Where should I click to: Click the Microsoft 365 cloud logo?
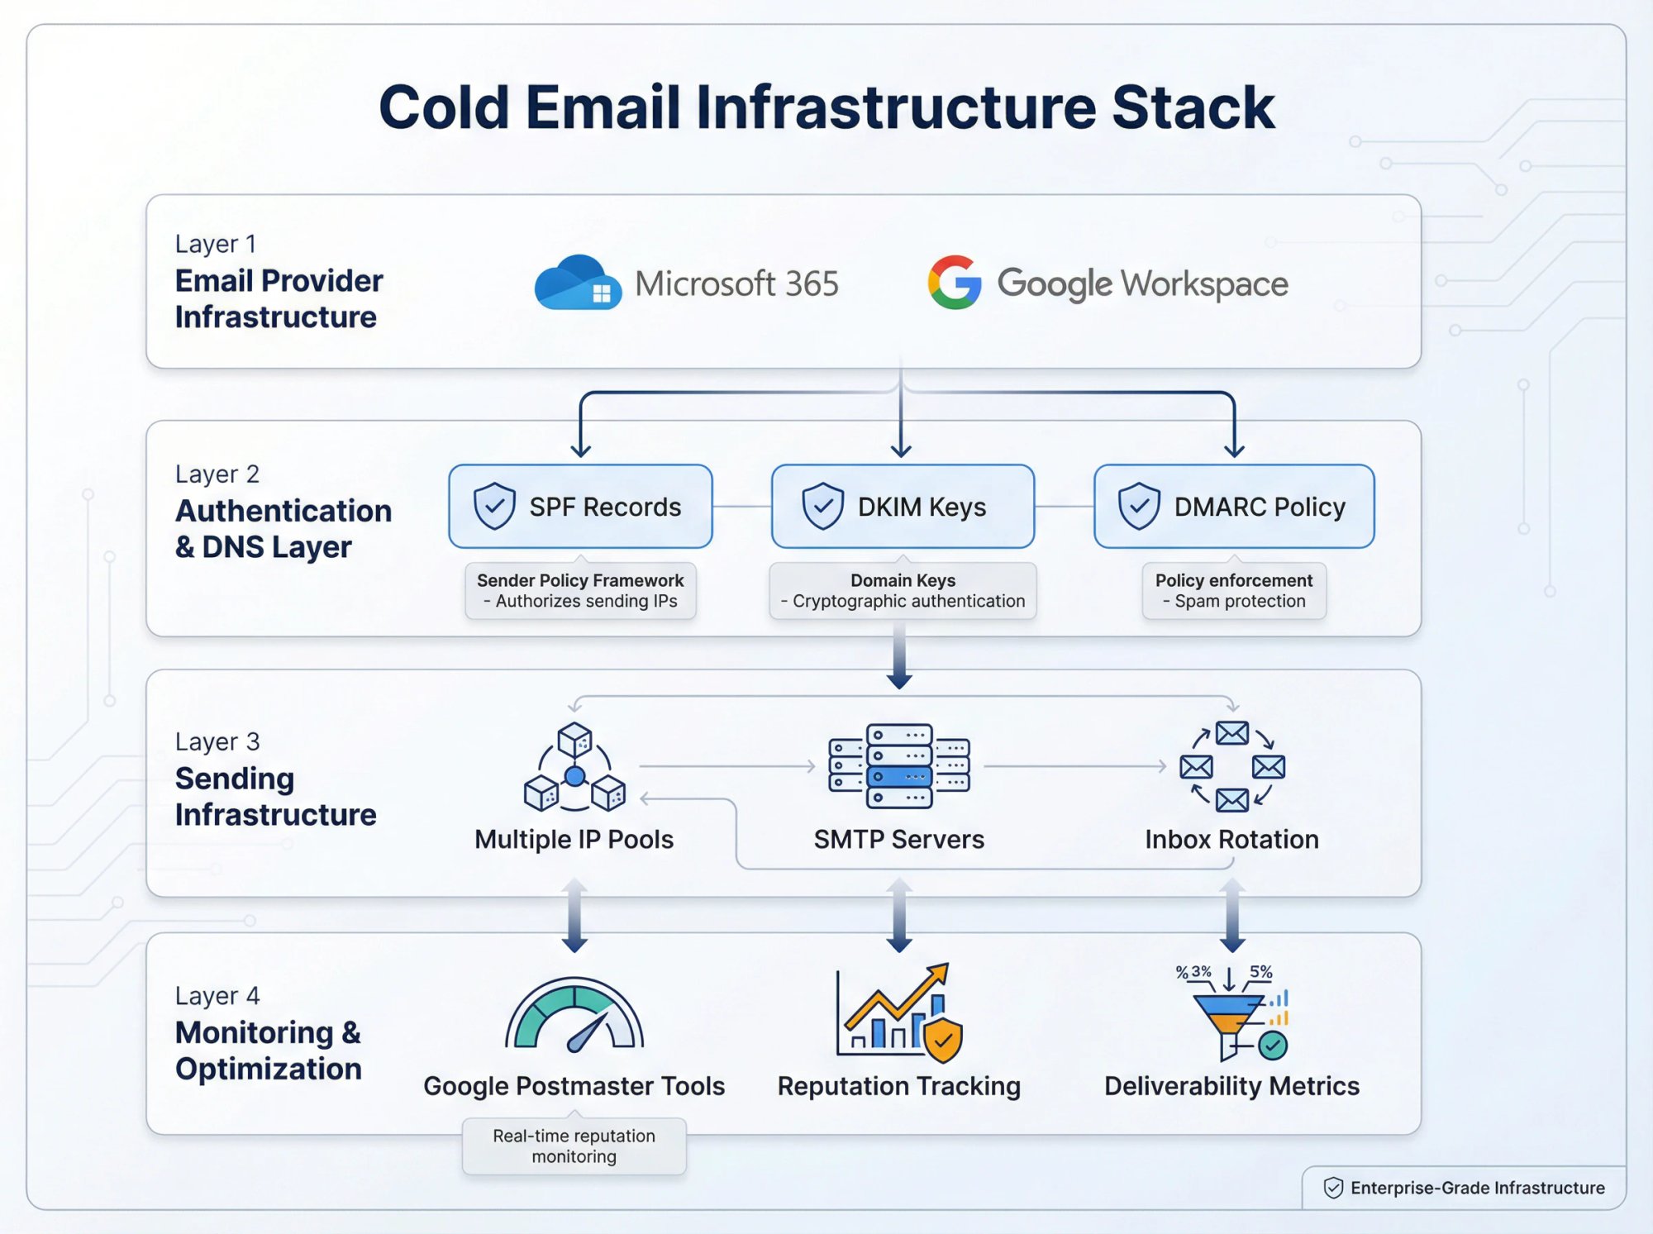(x=578, y=283)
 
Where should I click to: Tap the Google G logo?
(x=954, y=283)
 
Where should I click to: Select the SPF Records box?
(x=580, y=506)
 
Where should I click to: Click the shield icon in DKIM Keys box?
(x=822, y=506)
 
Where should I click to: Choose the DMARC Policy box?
(x=1233, y=506)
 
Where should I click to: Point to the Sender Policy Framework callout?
(x=580, y=591)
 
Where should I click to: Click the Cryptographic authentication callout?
(x=903, y=591)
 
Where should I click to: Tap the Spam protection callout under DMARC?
(x=1233, y=591)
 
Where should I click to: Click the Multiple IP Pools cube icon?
(x=574, y=767)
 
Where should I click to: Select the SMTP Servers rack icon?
(x=899, y=766)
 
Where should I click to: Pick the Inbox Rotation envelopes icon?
(x=1231, y=766)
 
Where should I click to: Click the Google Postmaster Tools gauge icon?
(x=574, y=1015)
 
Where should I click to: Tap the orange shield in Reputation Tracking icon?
(x=943, y=1041)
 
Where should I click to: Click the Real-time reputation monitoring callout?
(x=574, y=1146)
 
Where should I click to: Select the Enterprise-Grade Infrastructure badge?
(x=1464, y=1188)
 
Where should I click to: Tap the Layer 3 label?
(x=217, y=741)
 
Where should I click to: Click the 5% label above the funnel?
(x=1260, y=972)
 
